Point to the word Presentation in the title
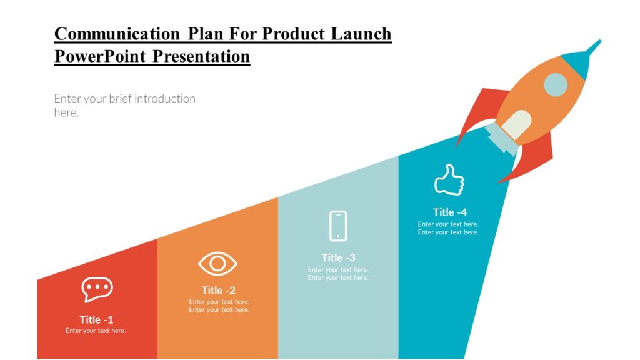tap(201, 56)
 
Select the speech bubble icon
tap(97, 289)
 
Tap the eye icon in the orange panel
tap(217, 264)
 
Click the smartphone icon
tap(338, 226)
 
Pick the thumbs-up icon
tap(449, 180)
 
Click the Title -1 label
tap(96, 319)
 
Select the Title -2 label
tap(218, 290)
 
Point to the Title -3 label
tap(338, 257)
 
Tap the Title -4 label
tap(449, 212)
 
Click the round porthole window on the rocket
tap(555, 84)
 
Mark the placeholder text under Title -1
tap(96, 331)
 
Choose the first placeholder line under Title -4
tap(448, 224)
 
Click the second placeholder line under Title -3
tap(338, 277)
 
